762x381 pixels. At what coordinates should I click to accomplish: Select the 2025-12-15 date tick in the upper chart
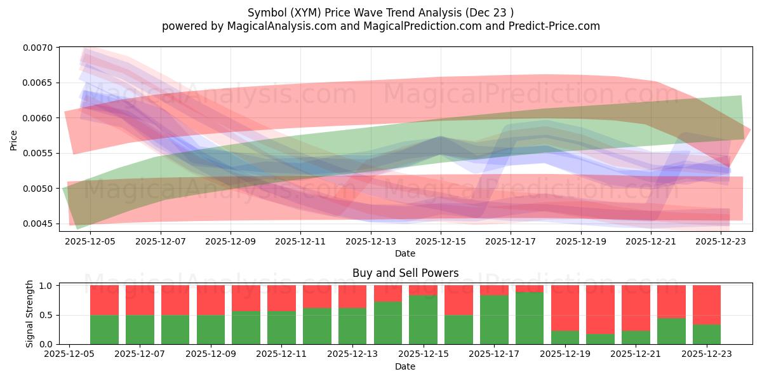point(441,241)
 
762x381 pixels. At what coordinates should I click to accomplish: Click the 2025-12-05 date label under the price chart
point(91,241)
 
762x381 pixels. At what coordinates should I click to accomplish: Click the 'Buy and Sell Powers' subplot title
point(405,274)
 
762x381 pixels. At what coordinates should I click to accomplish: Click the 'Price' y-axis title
point(14,139)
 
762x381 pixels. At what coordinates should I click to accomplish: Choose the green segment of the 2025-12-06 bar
point(104,330)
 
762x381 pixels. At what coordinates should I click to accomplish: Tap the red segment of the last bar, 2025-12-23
point(707,305)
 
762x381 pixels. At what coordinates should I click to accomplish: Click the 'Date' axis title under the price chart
point(405,253)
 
